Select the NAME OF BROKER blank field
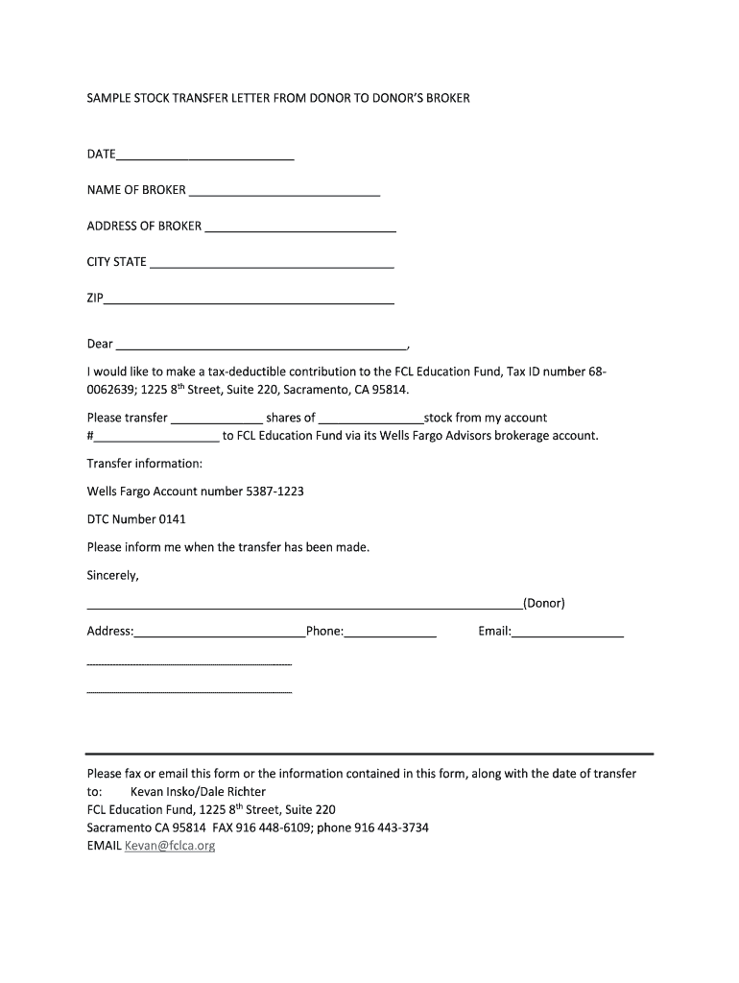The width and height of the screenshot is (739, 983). click(284, 192)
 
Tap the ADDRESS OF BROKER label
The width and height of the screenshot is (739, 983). click(144, 227)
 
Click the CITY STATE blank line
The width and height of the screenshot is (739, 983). click(272, 264)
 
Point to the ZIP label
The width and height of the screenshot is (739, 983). click(95, 299)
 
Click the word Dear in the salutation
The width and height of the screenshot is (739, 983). click(100, 345)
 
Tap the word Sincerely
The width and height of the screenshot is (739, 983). click(112, 576)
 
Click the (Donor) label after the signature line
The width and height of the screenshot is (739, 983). click(543, 604)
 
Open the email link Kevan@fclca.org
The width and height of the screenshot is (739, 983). click(169, 847)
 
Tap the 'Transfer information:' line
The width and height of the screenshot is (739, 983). click(145, 464)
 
